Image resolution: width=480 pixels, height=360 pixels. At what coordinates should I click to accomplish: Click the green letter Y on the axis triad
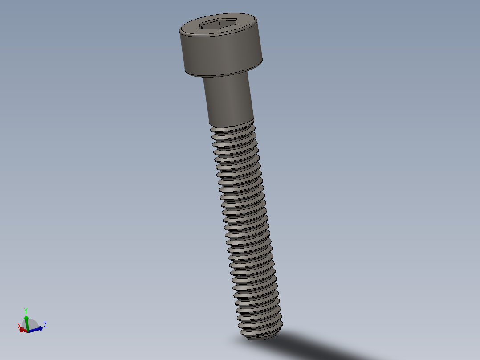click(x=26, y=310)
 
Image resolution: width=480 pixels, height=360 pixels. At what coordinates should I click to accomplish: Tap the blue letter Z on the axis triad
click(x=45, y=324)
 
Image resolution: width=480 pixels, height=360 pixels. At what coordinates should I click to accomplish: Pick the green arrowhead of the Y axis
click(x=26, y=317)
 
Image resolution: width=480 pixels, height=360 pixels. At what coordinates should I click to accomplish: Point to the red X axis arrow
click(x=22, y=330)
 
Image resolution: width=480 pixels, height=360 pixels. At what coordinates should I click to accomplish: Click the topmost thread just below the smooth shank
click(x=232, y=129)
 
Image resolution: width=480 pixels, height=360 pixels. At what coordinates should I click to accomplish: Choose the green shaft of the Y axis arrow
click(x=27, y=324)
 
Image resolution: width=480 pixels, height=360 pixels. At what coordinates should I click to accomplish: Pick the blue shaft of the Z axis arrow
click(x=34, y=330)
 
